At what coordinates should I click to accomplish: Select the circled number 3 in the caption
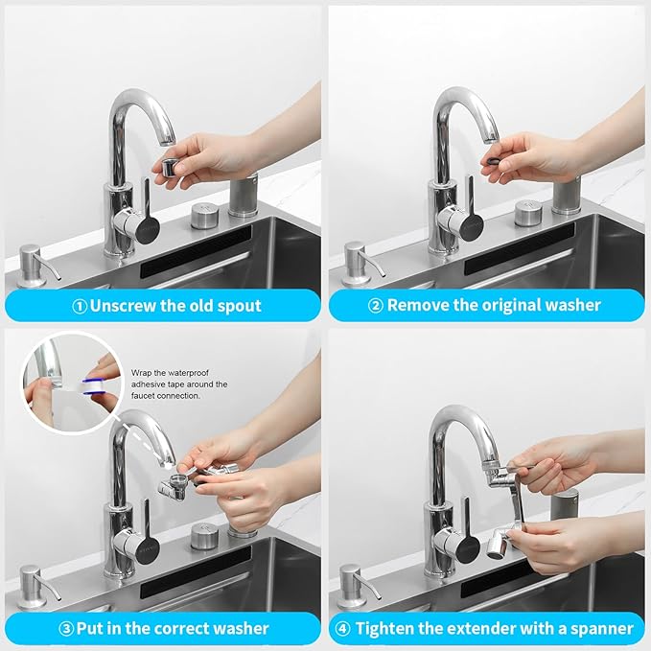67,629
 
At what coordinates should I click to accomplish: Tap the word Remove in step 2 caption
400,305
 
